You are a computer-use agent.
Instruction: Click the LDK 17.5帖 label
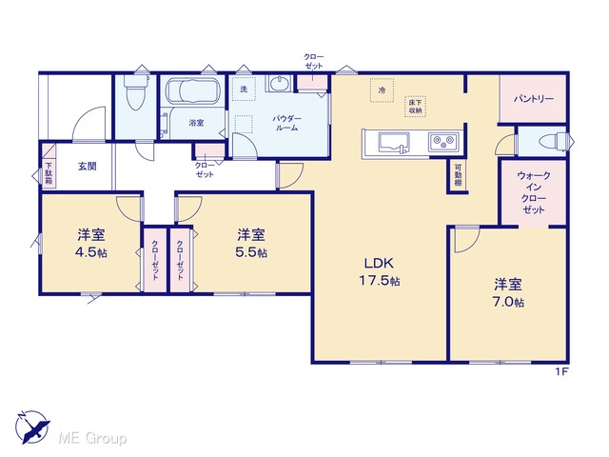click(379, 271)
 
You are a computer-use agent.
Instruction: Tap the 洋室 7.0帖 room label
click(508, 292)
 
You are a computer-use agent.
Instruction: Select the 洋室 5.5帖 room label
click(251, 244)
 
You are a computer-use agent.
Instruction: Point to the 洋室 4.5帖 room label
click(91, 244)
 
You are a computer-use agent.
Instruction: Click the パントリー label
click(534, 99)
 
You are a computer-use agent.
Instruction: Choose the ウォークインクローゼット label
click(534, 192)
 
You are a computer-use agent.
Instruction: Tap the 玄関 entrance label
click(88, 167)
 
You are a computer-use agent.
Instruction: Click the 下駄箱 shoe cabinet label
click(49, 173)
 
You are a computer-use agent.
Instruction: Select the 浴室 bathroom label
click(196, 123)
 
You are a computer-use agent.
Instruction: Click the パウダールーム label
click(286, 123)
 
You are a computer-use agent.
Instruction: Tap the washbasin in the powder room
click(279, 84)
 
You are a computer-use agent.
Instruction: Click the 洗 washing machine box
click(244, 89)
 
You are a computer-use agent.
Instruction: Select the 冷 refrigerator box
click(382, 90)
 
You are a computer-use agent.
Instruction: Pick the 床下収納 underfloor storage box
click(415, 107)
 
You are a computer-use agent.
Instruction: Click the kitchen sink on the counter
click(394, 143)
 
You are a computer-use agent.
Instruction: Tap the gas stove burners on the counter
click(443, 142)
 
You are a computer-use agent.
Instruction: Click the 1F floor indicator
click(561, 371)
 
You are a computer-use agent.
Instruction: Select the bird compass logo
click(31, 427)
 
